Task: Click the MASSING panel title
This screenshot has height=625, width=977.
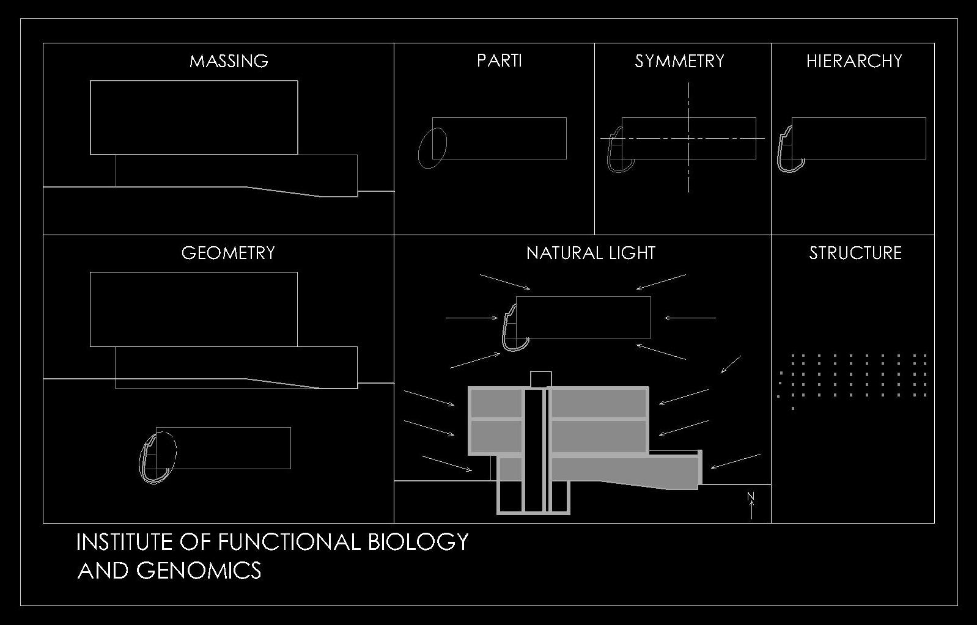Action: [229, 61]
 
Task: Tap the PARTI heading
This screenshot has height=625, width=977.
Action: [500, 61]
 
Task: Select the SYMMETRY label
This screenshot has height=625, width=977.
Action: [679, 61]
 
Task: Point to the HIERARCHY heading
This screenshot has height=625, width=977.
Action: [854, 61]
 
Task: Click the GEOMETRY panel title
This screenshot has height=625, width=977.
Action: [228, 253]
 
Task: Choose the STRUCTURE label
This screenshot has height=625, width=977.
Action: [855, 253]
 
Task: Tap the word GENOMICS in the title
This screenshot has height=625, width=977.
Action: [199, 571]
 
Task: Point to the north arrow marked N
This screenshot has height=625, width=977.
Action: [751, 505]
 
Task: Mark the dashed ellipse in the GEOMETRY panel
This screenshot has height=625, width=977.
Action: [166, 450]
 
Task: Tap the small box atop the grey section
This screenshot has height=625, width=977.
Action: [541, 379]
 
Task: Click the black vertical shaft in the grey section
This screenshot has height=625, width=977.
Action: [534, 450]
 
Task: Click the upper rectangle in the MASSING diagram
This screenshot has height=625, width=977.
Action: [194, 117]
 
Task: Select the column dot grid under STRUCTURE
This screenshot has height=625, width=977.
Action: [853, 375]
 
